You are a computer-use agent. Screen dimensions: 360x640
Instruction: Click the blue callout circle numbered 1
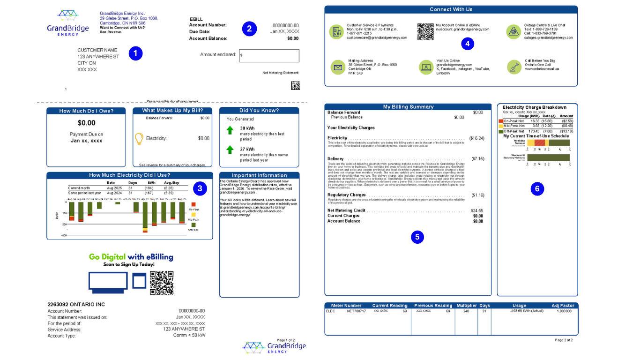point(135,53)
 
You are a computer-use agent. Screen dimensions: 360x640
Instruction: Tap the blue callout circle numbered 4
point(467,44)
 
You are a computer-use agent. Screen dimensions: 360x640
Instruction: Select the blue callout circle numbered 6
point(537,189)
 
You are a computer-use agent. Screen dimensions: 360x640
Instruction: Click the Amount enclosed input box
point(269,56)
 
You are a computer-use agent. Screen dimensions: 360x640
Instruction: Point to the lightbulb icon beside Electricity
point(139,138)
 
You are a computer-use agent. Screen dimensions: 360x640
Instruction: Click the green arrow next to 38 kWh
point(230,130)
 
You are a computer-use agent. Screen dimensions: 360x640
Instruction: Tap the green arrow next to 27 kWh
point(230,150)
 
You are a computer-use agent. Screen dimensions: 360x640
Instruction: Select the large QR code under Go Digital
point(162,283)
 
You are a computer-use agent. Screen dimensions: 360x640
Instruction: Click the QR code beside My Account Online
point(425,31)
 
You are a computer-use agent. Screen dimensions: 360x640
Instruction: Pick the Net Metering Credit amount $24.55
point(476,211)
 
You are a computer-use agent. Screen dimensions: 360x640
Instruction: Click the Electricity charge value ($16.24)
point(476,138)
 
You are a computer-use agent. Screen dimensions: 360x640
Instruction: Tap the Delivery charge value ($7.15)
point(477,159)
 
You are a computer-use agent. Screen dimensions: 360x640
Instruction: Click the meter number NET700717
point(356,311)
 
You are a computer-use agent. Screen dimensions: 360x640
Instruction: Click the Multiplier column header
point(467,306)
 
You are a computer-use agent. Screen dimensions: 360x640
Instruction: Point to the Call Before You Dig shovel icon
point(514,67)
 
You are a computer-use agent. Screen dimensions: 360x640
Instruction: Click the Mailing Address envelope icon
point(337,67)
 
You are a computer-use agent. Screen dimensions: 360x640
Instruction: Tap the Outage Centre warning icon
point(513,32)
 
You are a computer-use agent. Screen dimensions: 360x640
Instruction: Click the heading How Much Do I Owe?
point(86,111)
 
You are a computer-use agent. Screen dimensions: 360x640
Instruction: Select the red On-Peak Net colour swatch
point(500,121)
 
